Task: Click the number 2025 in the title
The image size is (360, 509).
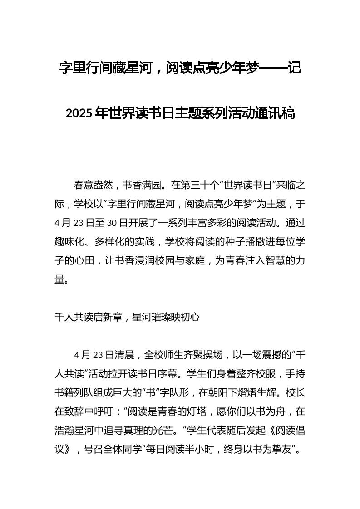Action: (x=79, y=113)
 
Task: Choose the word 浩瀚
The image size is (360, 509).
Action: (x=64, y=431)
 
